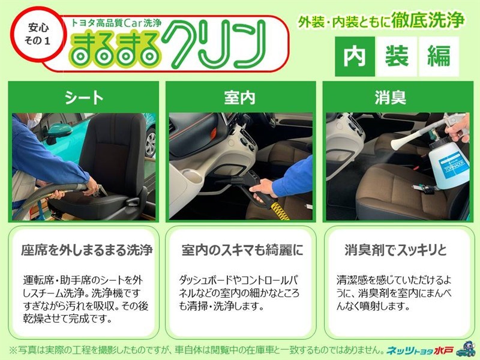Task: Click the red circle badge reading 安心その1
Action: click(x=37, y=34)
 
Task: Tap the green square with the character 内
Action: click(x=355, y=56)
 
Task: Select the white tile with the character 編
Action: click(x=439, y=56)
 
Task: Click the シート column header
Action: click(x=83, y=98)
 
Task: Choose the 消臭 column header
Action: click(x=391, y=98)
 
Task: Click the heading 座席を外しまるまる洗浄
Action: click(x=86, y=250)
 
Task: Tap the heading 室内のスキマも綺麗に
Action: click(x=242, y=250)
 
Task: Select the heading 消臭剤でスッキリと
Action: click(x=395, y=250)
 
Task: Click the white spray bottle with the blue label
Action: click(x=448, y=166)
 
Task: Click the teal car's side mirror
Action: click(x=58, y=132)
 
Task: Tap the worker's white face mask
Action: click(x=34, y=120)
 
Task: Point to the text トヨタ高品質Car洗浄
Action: click(x=116, y=23)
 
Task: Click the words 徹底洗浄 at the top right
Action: click(x=428, y=20)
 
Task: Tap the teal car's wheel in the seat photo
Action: click(x=149, y=143)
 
